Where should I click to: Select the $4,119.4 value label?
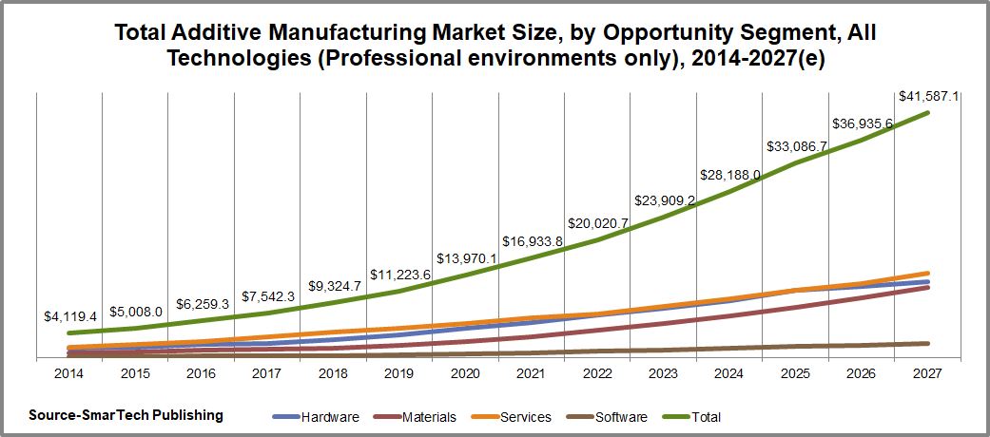pos(70,316)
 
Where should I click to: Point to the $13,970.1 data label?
pos(467,258)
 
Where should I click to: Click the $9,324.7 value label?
pos(335,285)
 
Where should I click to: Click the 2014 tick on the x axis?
pos(68,374)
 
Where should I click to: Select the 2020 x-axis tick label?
pos(465,374)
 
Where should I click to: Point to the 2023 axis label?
pos(663,374)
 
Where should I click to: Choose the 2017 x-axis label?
pos(267,374)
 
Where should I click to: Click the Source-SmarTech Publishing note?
pos(126,415)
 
